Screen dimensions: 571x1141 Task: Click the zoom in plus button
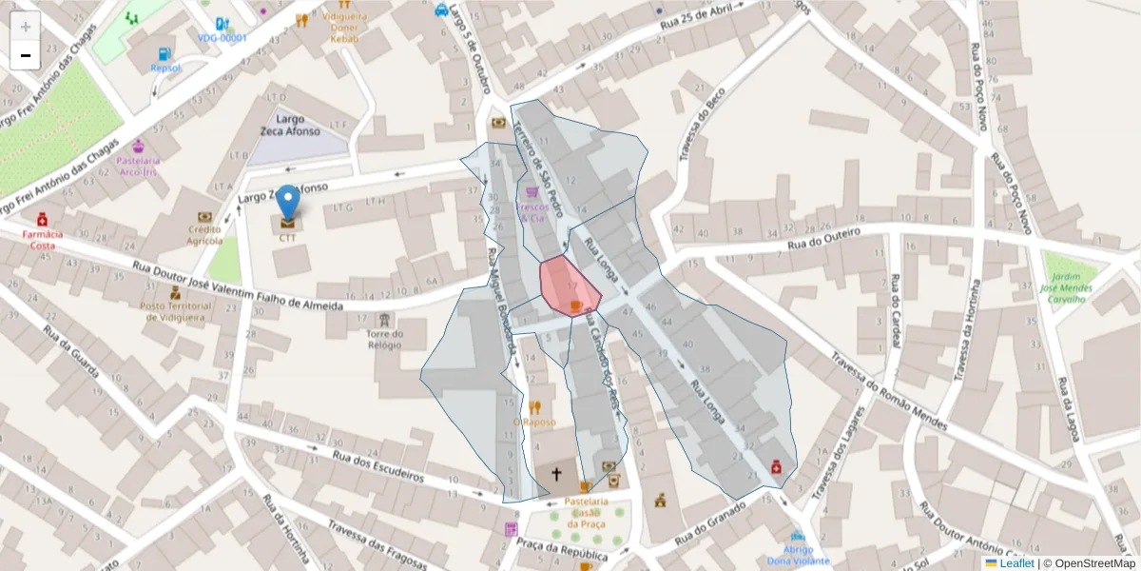(25, 26)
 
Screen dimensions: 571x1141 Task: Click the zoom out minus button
(25, 55)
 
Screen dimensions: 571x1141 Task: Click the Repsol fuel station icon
(165, 54)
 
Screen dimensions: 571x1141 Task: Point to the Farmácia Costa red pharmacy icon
(42, 220)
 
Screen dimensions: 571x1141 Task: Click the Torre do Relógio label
(384, 340)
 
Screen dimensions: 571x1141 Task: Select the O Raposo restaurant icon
(533, 407)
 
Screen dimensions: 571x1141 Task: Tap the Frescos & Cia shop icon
(532, 191)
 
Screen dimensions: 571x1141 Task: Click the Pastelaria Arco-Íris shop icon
(138, 147)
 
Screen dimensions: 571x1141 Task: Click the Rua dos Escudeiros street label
(377, 466)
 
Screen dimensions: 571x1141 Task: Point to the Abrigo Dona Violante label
(797, 555)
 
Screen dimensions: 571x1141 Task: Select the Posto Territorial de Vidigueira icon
(175, 293)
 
